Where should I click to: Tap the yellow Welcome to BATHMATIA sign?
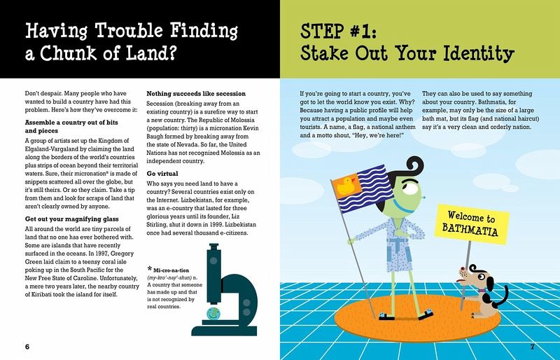tap(471, 225)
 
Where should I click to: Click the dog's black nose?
tap(462, 268)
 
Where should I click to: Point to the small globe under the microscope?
tap(213, 314)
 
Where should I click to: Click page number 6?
tap(27, 347)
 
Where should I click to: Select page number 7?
tap(532, 347)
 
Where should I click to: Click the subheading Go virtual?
tap(162, 174)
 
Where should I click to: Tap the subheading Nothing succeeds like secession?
tap(196, 94)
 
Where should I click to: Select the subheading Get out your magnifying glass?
tap(72, 219)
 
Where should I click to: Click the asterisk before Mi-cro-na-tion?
tap(150, 269)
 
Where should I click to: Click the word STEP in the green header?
tap(322, 32)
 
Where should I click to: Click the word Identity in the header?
tap(479, 53)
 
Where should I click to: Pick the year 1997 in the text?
tap(101, 254)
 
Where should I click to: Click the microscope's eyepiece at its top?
tap(213, 247)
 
